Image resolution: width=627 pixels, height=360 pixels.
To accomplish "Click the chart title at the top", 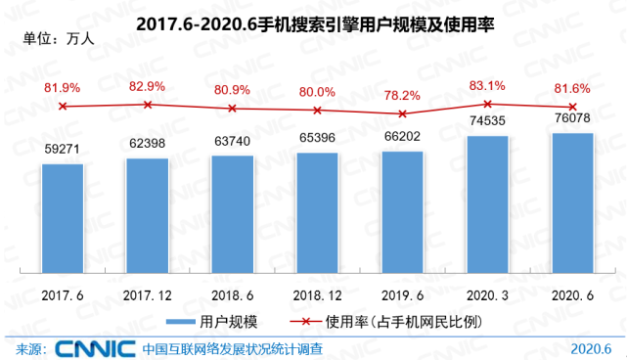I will click(x=313, y=26).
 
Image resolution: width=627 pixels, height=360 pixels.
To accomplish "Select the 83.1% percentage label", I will click(x=487, y=85).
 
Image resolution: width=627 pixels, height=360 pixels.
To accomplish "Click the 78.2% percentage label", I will click(x=402, y=95).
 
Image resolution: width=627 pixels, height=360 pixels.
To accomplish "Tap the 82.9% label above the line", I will click(x=148, y=87).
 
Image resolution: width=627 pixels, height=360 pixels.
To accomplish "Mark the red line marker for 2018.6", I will click(x=233, y=109).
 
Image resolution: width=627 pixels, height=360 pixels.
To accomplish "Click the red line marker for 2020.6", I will click(x=572, y=107).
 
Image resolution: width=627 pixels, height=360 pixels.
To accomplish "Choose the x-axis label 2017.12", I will click(x=148, y=292).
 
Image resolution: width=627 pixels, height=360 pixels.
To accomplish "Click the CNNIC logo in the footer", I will click(x=93, y=348).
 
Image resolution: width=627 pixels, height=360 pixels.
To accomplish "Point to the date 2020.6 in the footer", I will click(x=590, y=348).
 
